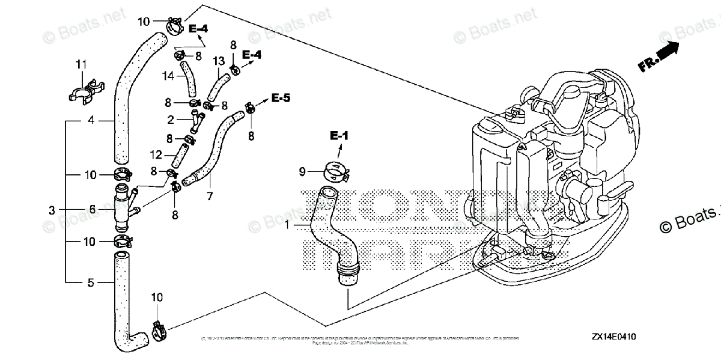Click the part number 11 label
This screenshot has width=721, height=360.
click(x=81, y=64)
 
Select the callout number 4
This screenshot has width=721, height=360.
click(x=91, y=120)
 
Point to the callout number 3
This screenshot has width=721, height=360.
click(x=53, y=210)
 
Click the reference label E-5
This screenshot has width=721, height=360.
click(x=281, y=97)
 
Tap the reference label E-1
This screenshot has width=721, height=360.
click(x=339, y=136)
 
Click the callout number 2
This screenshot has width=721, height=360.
click(x=171, y=120)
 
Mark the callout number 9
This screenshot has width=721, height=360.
click(x=304, y=171)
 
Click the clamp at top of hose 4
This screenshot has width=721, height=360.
click(x=171, y=26)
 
